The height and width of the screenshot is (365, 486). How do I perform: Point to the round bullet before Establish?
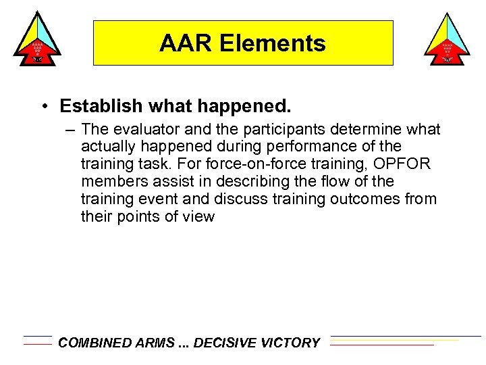point(43,107)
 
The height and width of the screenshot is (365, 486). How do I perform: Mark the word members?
point(109,182)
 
